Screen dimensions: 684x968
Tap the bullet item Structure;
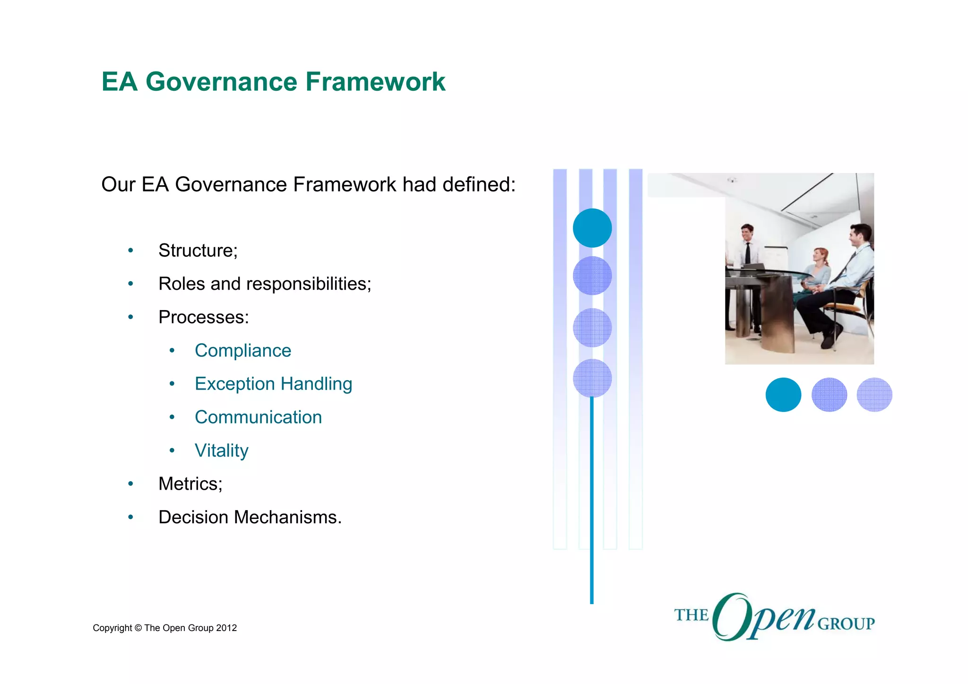click(198, 251)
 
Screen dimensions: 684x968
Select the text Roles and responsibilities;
click(265, 284)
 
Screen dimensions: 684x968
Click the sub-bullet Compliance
click(242, 351)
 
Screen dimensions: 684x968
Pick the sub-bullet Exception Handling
click(273, 384)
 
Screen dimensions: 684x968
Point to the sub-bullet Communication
click(258, 417)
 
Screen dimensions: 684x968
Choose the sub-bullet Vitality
click(221, 450)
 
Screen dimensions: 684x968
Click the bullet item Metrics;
click(190, 484)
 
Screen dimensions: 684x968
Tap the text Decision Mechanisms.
click(250, 518)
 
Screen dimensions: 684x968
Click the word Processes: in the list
click(203, 317)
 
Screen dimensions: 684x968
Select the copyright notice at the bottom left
click(164, 628)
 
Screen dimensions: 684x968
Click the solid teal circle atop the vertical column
click(592, 228)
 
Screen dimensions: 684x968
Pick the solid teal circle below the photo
click(783, 395)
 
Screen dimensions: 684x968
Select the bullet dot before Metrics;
click(131, 484)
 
